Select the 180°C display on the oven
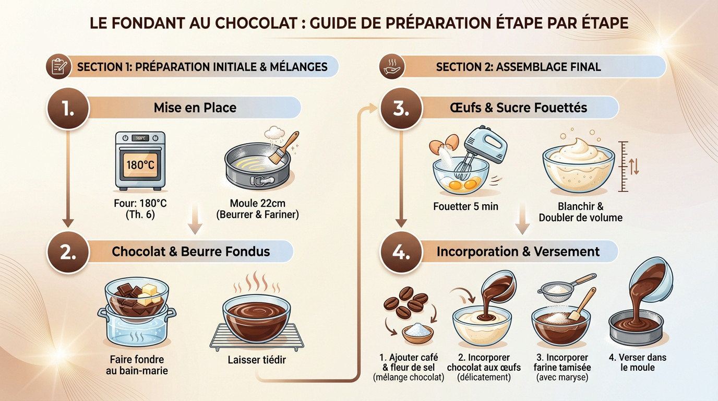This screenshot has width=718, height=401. [140, 165]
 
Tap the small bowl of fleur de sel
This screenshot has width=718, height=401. [417, 333]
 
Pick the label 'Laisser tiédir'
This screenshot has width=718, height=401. [257, 360]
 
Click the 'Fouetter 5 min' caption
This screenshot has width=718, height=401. [465, 206]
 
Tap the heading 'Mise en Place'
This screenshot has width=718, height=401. [195, 108]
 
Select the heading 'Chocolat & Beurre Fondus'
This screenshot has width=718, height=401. [190, 252]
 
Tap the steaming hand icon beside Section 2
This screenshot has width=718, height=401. [389, 67]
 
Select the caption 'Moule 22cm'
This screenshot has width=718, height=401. [257, 203]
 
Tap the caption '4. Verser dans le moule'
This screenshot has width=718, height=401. [637, 362]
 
